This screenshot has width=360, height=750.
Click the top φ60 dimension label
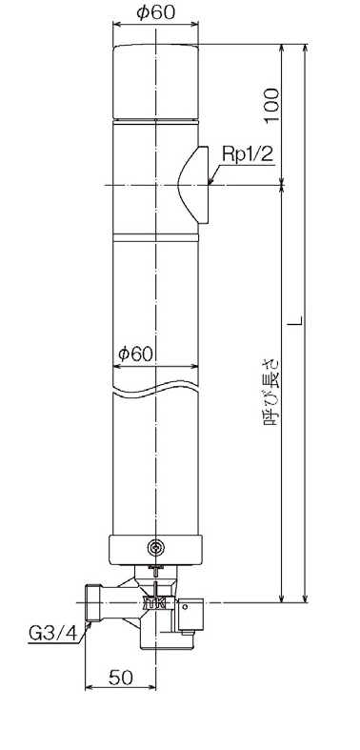coord(155,13)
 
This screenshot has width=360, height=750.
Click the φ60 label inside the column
coord(135,354)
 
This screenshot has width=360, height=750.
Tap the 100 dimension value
coord(271,105)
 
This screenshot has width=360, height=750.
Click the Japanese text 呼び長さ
coord(270,393)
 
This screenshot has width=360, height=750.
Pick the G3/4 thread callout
coord(52,634)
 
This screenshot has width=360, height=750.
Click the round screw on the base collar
coord(155,548)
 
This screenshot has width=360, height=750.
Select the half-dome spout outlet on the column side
coord(193,185)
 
